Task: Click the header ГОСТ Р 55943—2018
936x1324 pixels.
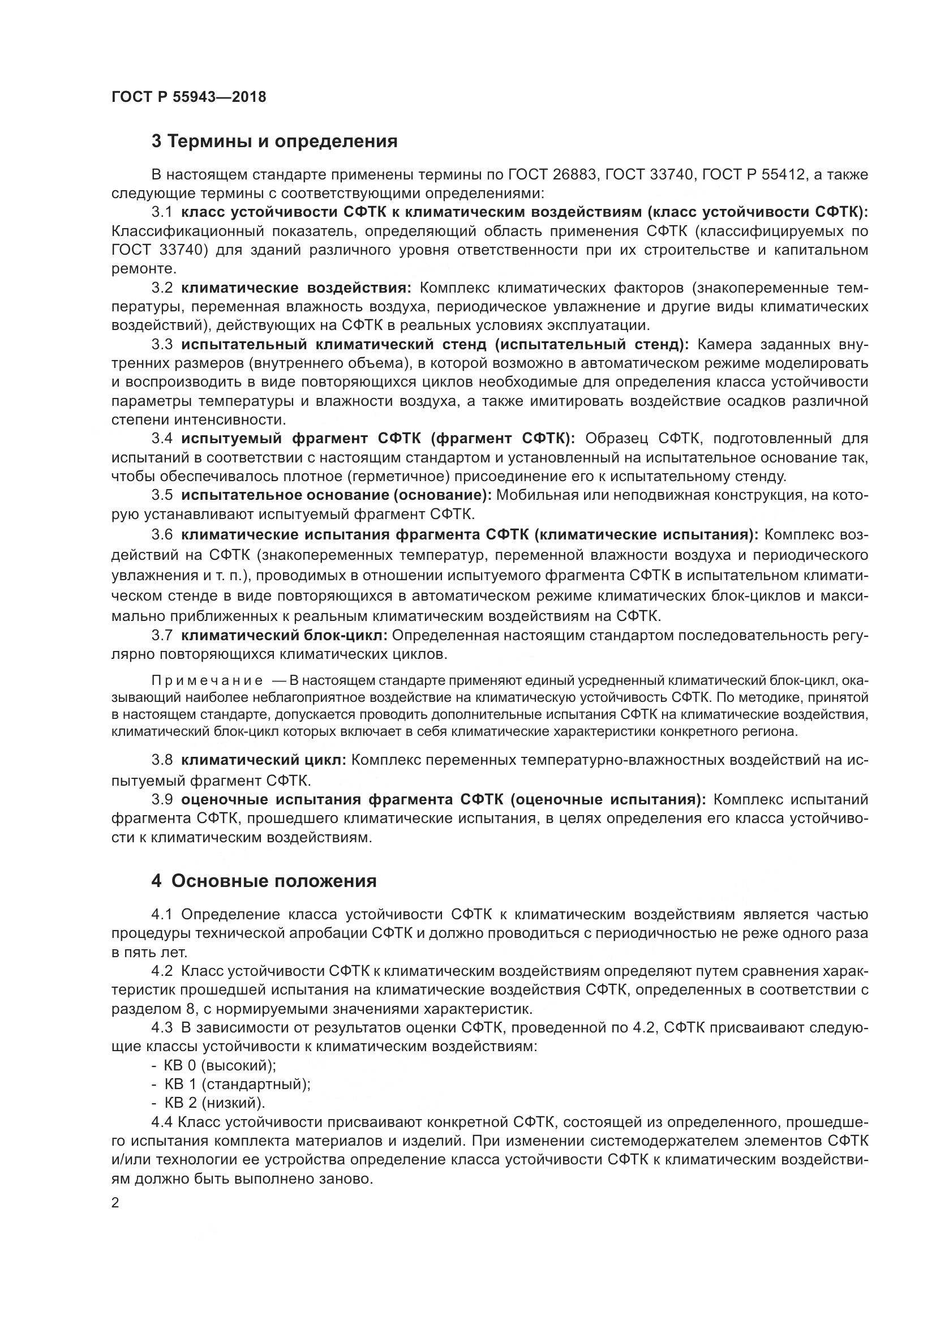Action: coord(188,97)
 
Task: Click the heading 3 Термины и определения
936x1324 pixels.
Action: coord(274,142)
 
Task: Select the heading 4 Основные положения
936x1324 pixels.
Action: coord(264,881)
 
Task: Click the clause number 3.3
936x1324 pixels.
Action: coord(162,345)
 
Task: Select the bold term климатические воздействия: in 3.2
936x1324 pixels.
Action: coord(296,288)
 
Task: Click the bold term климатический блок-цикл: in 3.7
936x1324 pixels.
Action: coord(284,636)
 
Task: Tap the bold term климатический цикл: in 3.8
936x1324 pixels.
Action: coord(263,760)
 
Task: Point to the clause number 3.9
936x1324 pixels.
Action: coord(162,800)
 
